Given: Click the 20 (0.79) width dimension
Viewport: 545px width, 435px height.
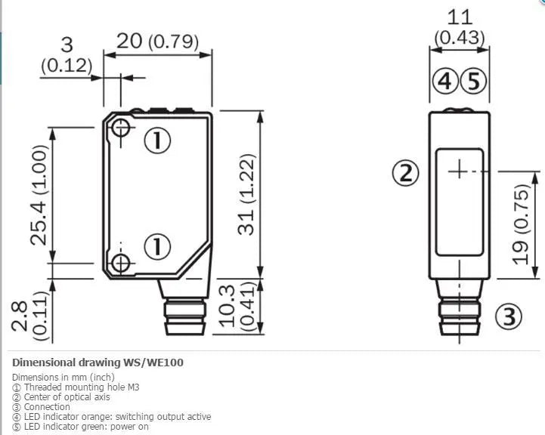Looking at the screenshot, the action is [x=157, y=41].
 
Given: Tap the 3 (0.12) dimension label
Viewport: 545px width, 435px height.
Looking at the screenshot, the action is [x=67, y=55].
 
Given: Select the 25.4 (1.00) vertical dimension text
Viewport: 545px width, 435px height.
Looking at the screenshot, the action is [x=39, y=195].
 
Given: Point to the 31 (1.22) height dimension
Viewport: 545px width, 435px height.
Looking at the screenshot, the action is [x=246, y=194].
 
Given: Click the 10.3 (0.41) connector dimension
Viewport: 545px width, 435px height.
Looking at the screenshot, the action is [x=239, y=305].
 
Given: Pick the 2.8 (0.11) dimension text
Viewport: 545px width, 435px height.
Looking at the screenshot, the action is [x=29, y=316].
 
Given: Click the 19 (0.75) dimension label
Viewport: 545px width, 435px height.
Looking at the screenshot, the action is [x=522, y=224].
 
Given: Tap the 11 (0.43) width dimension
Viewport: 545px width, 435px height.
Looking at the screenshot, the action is [x=460, y=28].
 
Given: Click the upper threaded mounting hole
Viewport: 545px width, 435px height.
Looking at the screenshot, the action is [x=121, y=128].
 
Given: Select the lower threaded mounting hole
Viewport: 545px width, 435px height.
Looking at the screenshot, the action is [x=121, y=263].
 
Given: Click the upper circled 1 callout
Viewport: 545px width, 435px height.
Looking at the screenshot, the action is [x=157, y=140].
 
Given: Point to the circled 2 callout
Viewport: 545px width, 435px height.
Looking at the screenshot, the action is [x=406, y=173].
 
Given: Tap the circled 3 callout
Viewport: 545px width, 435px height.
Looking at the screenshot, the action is [x=509, y=316].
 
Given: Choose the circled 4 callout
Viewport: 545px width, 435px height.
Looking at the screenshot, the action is [x=445, y=82].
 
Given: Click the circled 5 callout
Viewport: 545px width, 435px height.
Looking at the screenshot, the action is [x=473, y=82].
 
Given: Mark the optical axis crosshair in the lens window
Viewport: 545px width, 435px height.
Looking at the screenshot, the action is [x=460, y=171].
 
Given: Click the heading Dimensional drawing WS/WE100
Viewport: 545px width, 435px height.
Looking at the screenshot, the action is [x=98, y=362].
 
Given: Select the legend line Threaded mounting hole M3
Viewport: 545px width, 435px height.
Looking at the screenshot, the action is [x=76, y=387].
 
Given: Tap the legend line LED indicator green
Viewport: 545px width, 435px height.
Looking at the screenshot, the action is [x=80, y=427].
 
